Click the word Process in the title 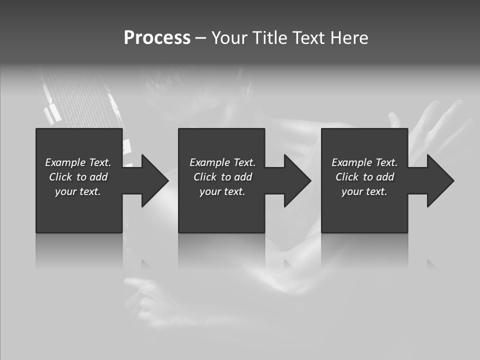coord(157,38)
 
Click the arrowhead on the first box coord(155,180)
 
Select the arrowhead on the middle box coord(298,180)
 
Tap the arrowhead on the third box coord(440,180)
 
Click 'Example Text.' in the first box coord(78,162)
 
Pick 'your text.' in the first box coord(78,191)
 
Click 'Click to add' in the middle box coord(222,177)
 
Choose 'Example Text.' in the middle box coord(222,162)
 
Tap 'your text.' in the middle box coord(222,191)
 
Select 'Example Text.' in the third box coord(364,162)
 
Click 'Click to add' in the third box coord(364,177)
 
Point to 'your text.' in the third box coord(364,191)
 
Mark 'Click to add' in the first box coord(78,177)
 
